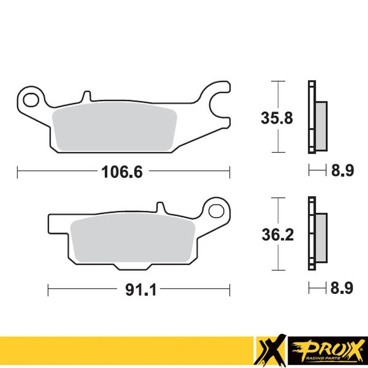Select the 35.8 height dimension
277,118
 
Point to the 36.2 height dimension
277,235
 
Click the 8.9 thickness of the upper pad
342,170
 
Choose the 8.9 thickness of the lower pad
342,288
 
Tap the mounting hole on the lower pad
216,211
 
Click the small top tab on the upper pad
87,96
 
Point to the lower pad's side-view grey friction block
321,238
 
